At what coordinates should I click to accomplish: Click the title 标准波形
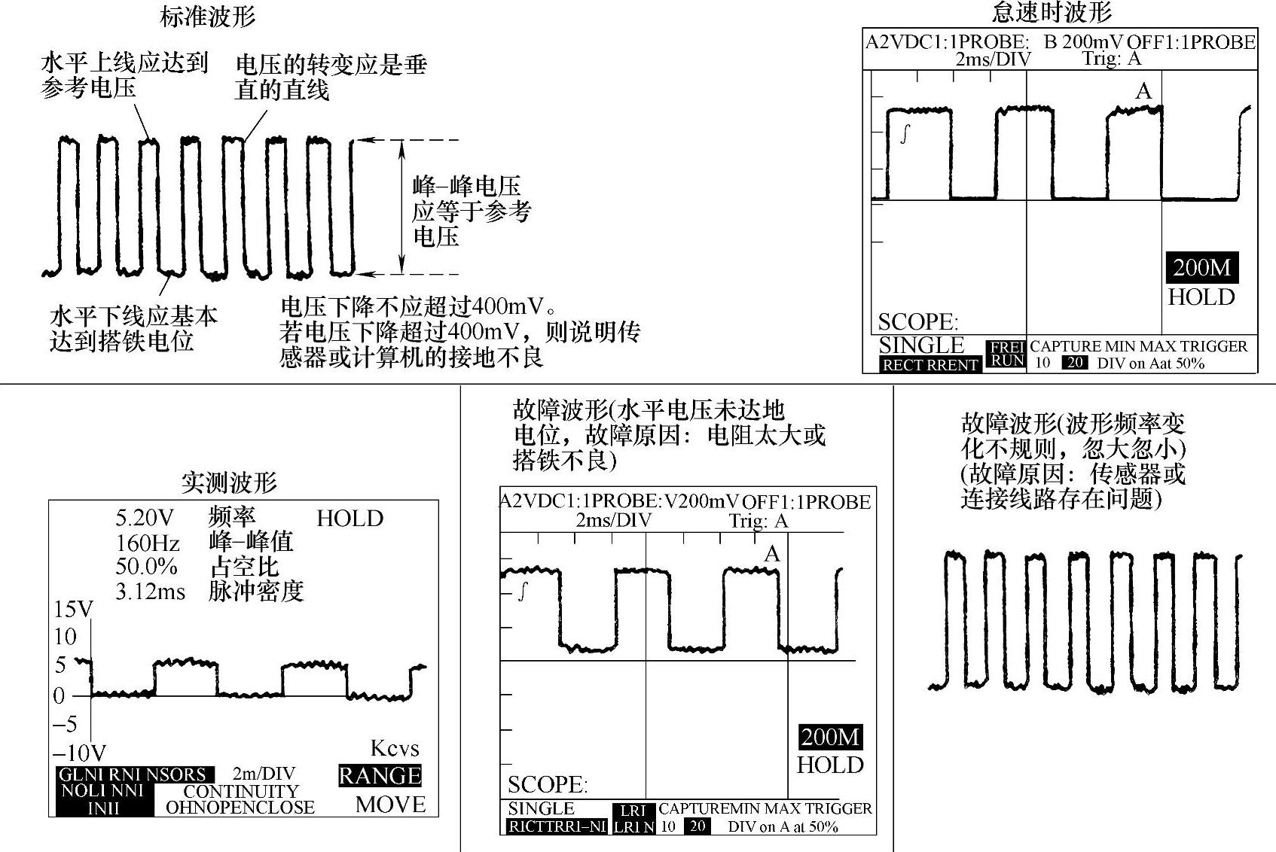click(x=208, y=17)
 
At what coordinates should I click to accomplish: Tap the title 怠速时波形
click(x=1052, y=13)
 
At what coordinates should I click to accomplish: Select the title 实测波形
click(x=229, y=482)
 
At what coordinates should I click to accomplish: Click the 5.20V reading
click(x=145, y=518)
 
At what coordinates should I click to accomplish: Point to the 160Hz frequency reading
click(x=148, y=543)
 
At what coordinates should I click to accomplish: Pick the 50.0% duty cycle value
click(x=146, y=567)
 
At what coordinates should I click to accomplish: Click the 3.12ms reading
click(x=150, y=592)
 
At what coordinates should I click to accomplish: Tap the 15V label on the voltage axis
click(x=73, y=610)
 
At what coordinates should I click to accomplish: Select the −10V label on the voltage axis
click(x=79, y=752)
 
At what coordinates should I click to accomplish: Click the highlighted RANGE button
click(x=380, y=776)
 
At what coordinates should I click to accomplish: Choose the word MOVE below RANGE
click(x=390, y=805)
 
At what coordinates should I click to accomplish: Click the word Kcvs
click(x=395, y=748)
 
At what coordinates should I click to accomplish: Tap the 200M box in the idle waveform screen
click(x=1201, y=268)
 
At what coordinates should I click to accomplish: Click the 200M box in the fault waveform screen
click(x=830, y=737)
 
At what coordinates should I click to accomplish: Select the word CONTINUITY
click(x=241, y=791)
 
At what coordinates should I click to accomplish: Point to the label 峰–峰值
click(x=251, y=542)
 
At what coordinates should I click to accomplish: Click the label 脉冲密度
click(x=256, y=592)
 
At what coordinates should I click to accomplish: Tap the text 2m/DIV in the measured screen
click(x=264, y=774)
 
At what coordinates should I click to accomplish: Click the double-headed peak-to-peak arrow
click(x=402, y=206)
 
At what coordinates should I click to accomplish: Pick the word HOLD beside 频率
click(x=350, y=519)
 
